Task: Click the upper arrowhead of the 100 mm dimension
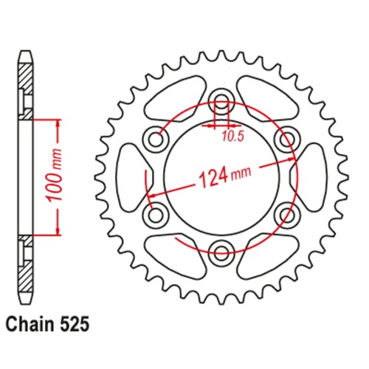[56, 121]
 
